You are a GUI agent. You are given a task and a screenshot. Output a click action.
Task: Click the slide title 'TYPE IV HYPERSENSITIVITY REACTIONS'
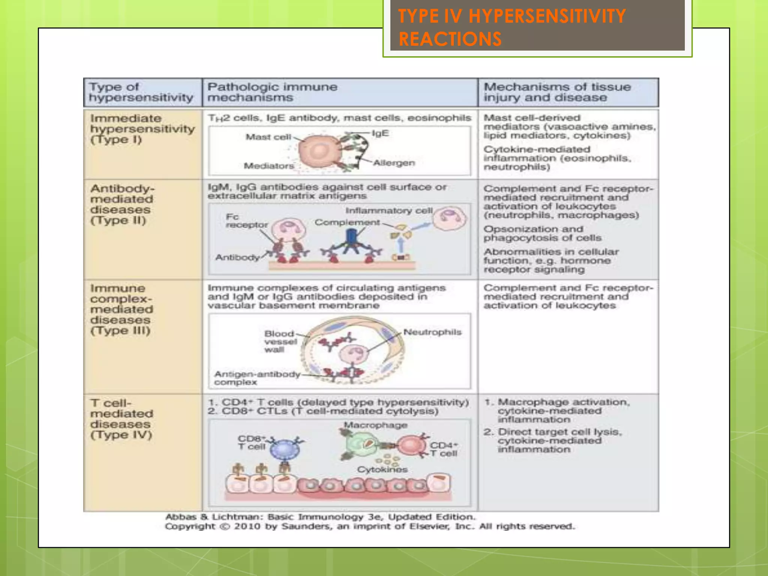pyautogui.click(x=511, y=27)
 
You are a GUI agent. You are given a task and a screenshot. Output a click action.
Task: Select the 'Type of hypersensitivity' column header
pyautogui.click(x=141, y=92)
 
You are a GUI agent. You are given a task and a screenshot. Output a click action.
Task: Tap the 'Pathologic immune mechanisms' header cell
pyautogui.click(x=272, y=92)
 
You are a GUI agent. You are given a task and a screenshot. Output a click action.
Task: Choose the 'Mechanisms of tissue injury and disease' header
pyautogui.click(x=557, y=92)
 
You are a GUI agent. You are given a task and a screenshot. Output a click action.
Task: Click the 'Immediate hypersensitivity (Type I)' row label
pyautogui.click(x=142, y=129)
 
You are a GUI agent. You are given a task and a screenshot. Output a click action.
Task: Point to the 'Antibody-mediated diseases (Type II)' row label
pyautogui.click(x=122, y=204)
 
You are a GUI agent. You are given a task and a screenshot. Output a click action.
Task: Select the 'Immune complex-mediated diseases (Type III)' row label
pyautogui.click(x=121, y=309)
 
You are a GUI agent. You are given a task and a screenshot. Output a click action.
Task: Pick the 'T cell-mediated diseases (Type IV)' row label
pyautogui.click(x=121, y=419)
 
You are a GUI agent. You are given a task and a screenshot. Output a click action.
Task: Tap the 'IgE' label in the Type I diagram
pyautogui.click(x=380, y=133)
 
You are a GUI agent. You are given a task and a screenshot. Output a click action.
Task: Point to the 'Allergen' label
pyautogui.click(x=394, y=163)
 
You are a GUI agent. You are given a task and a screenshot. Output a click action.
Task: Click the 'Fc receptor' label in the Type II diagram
pyautogui.click(x=246, y=221)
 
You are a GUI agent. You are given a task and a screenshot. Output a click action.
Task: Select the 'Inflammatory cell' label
pyautogui.click(x=389, y=211)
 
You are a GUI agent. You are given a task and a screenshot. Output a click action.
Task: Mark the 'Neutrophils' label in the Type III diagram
pyautogui.click(x=432, y=332)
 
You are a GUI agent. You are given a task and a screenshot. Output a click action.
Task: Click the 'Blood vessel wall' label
pyautogui.click(x=280, y=342)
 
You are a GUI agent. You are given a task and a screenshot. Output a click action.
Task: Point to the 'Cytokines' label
pyautogui.click(x=382, y=469)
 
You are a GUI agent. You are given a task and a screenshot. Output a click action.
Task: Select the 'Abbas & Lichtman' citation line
pyautogui.click(x=320, y=517)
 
